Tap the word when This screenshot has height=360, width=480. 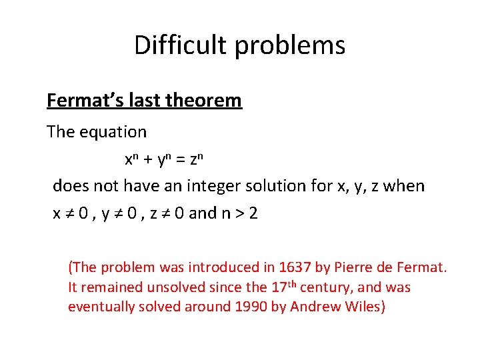click(403, 185)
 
